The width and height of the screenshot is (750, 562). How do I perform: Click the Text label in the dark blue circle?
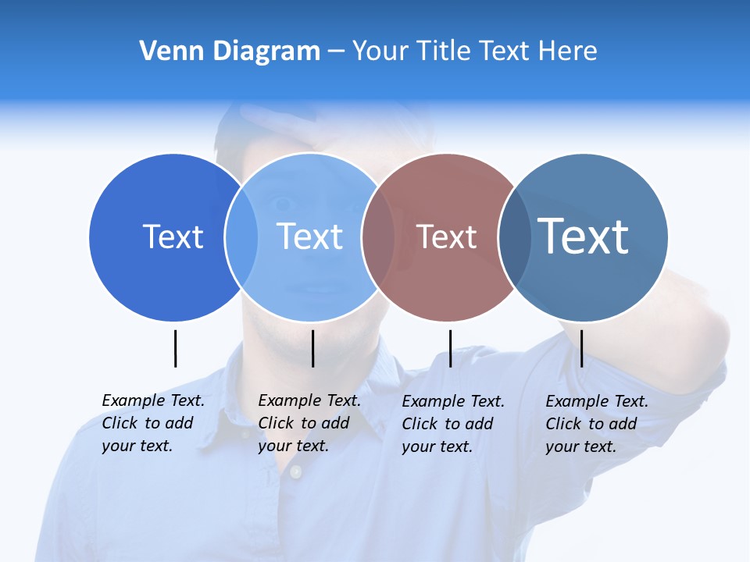[x=173, y=237]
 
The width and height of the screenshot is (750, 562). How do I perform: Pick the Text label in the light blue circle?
[x=310, y=237]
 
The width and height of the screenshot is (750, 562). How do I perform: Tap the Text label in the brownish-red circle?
[x=447, y=237]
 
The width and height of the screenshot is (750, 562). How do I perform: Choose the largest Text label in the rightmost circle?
[x=584, y=237]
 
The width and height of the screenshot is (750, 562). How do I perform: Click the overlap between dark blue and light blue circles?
[x=241, y=237]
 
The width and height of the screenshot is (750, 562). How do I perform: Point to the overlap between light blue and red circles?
[x=379, y=237]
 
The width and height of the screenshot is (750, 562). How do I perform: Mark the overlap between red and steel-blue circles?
[x=515, y=237]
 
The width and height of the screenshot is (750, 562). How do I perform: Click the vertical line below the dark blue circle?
[x=175, y=348]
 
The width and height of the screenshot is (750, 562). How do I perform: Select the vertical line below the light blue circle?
[x=312, y=348]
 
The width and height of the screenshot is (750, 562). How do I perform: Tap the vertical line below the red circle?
[x=450, y=348]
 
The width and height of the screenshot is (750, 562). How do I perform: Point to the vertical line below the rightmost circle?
[x=581, y=348]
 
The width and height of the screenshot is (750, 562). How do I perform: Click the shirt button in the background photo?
[x=295, y=471]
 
